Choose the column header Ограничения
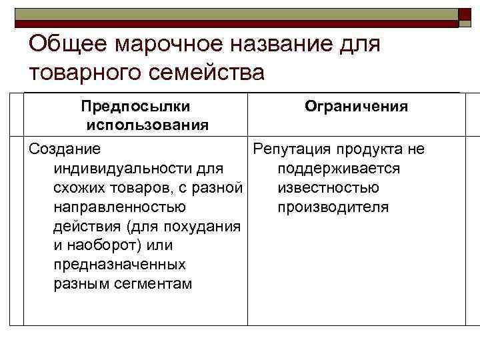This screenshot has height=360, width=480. click(x=356, y=107)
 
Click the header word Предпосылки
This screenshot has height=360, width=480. click(x=135, y=107)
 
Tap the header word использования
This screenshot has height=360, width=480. click(x=147, y=125)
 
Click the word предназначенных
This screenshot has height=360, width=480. click(x=119, y=265)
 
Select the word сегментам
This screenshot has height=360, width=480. click(x=153, y=284)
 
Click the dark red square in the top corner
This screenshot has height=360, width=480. click(x=465, y=18)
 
